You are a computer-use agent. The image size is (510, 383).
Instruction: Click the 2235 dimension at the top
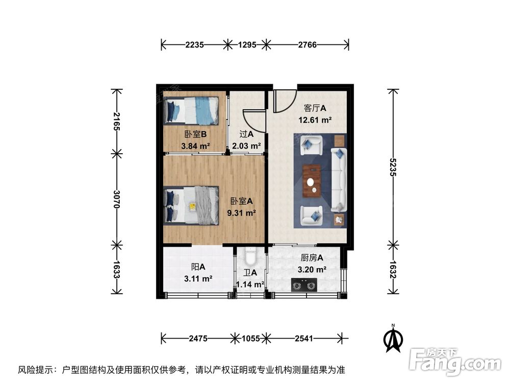tap(194, 45)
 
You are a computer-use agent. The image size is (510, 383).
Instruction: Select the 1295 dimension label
tap(247, 45)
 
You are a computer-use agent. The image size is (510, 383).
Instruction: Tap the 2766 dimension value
tap(308, 45)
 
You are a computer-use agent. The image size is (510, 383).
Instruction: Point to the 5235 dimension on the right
tap(392, 166)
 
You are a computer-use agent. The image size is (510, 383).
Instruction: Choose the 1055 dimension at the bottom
tap(250, 338)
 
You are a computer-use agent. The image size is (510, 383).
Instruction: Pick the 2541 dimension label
tap(304, 338)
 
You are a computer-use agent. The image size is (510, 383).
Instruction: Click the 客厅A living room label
tap(315, 109)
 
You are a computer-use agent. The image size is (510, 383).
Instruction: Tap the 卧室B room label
tap(195, 135)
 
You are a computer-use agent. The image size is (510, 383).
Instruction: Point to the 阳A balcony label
tap(198, 267)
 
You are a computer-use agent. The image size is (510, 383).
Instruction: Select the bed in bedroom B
tap(191, 110)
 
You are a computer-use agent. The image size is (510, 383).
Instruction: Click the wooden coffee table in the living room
tap(312, 181)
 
